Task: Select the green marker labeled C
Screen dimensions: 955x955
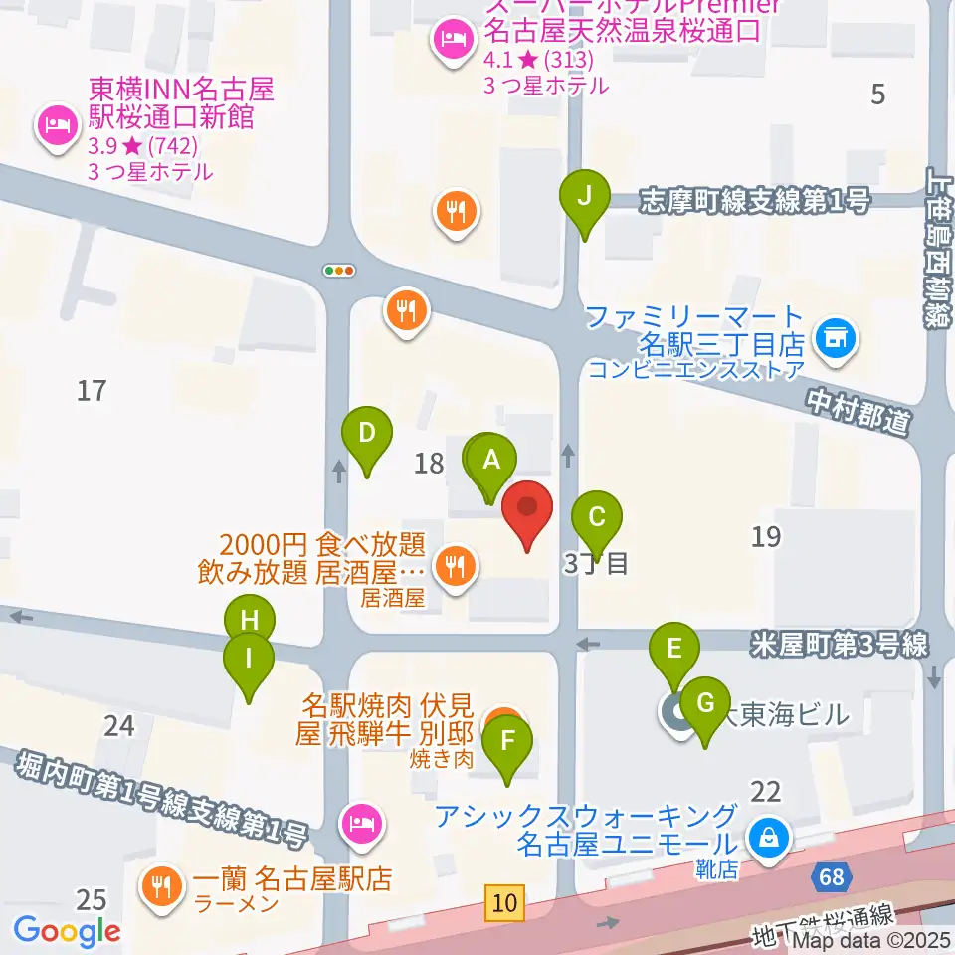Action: click(597, 518)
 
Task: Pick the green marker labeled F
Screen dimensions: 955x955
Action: click(507, 741)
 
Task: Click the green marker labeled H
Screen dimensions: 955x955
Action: click(250, 623)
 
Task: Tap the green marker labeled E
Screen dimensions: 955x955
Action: click(674, 651)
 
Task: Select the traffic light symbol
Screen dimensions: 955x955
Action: click(339, 270)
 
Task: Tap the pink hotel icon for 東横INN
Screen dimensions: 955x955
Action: click(55, 125)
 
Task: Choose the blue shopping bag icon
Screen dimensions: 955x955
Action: click(769, 837)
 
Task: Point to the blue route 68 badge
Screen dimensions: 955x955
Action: click(831, 877)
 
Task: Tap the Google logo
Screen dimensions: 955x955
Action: click(67, 931)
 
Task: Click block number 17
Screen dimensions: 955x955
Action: click(92, 391)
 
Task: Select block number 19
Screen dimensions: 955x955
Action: click(766, 537)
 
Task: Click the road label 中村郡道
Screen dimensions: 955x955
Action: click(859, 411)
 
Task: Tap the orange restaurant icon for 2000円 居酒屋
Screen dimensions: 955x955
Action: click(456, 567)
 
